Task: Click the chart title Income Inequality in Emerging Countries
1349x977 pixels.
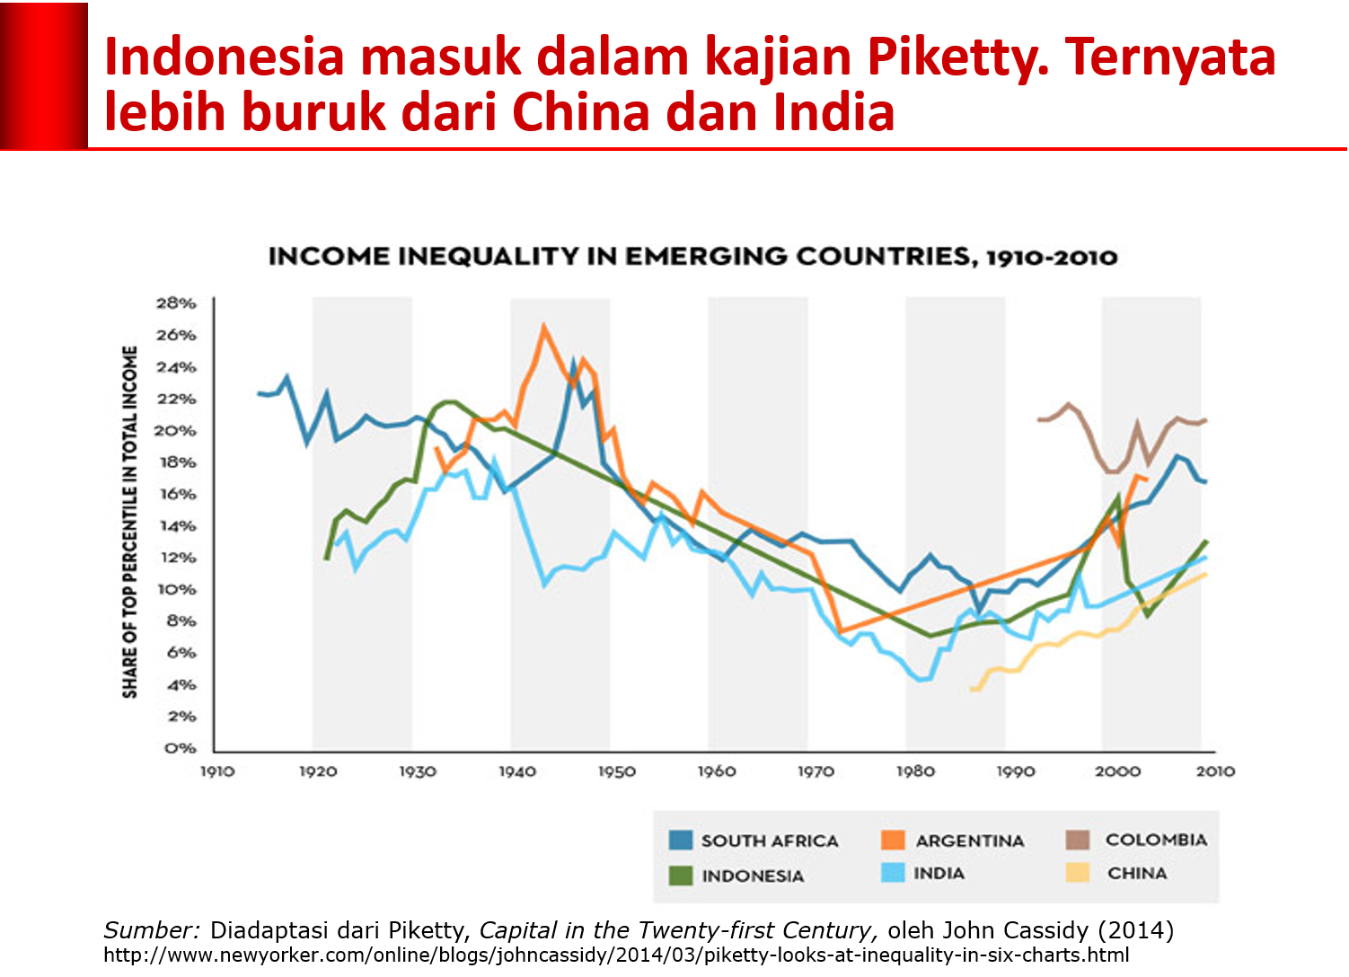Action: [x=692, y=257]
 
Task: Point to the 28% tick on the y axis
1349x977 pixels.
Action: [x=176, y=304]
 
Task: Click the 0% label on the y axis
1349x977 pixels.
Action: [x=181, y=748]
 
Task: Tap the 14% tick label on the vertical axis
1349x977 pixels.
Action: [x=176, y=526]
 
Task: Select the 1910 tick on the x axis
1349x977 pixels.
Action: [x=216, y=771]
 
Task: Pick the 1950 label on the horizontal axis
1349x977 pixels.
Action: [x=616, y=771]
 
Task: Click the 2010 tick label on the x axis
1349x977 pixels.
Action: [x=1214, y=771]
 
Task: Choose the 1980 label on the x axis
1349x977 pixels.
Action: [x=915, y=771]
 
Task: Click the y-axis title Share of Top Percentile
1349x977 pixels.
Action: [x=131, y=522]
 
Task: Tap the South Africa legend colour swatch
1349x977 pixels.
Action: [x=681, y=841]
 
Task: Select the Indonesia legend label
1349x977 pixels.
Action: [x=753, y=876]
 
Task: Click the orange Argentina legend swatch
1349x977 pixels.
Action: [x=893, y=841]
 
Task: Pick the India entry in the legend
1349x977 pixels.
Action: [x=939, y=873]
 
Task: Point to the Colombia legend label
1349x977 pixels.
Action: [x=1156, y=840]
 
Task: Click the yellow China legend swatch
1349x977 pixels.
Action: [x=1077, y=873]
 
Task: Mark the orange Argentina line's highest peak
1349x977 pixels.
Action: [x=543, y=327]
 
